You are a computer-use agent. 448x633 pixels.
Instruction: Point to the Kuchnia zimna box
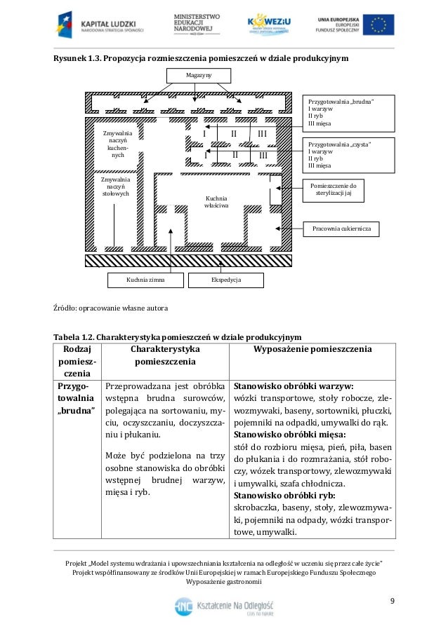(145, 280)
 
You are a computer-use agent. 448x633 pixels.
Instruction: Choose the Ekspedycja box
(226, 280)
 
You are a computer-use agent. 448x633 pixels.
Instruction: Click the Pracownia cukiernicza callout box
(341, 229)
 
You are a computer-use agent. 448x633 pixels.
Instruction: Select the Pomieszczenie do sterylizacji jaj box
(333, 191)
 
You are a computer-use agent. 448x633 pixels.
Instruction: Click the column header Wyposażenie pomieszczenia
(312, 349)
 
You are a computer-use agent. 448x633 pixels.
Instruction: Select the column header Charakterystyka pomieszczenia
(165, 355)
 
